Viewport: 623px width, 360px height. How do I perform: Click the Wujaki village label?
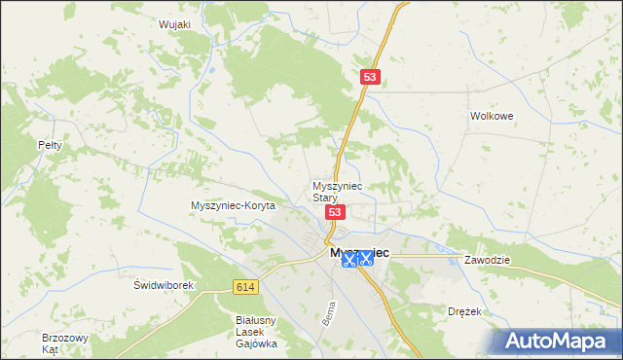click(x=176, y=24)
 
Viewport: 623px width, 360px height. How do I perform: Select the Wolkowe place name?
click(x=492, y=115)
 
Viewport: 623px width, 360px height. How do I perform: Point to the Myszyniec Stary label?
click(x=337, y=191)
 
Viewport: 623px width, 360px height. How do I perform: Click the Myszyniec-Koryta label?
click(x=234, y=206)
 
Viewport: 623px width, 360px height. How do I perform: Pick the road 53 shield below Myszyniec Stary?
click(x=335, y=212)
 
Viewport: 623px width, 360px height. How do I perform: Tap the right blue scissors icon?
click(x=366, y=258)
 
